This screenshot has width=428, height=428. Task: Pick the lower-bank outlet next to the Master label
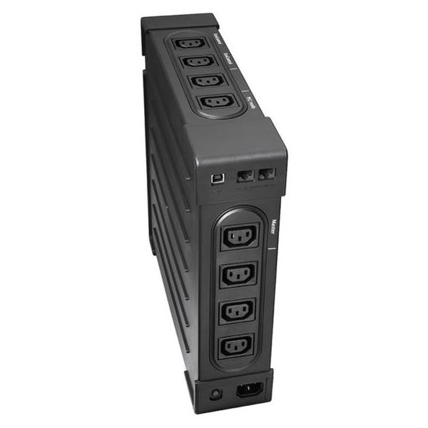240,238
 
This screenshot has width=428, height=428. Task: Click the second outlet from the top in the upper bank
195,62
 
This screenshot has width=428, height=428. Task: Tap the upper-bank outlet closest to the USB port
211,103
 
